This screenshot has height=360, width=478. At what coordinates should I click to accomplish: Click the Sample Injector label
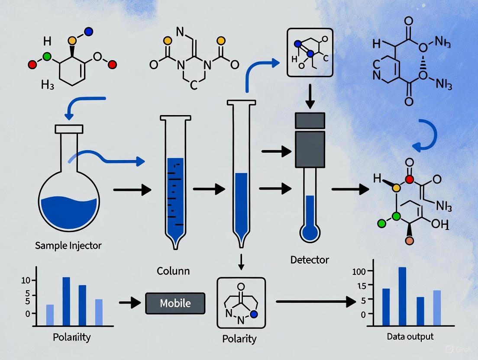[x=68, y=246]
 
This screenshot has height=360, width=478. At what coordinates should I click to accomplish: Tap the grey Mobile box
[x=175, y=303]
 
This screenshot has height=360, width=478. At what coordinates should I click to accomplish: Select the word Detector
[x=310, y=260]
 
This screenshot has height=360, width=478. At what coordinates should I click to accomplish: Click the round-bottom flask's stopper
[x=68, y=129]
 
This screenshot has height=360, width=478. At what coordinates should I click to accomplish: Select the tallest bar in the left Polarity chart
[x=66, y=301]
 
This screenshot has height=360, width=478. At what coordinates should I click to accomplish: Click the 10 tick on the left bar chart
[x=26, y=280]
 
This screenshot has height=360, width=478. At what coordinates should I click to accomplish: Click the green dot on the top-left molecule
[x=47, y=56]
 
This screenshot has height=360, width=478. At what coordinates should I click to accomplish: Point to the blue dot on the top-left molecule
[x=89, y=31]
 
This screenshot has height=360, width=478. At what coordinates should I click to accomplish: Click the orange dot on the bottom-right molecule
[x=408, y=240]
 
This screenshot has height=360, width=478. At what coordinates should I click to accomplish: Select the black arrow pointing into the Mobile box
[x=129, y=303]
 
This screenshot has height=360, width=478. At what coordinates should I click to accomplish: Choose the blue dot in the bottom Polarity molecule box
[x=254, y=313]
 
